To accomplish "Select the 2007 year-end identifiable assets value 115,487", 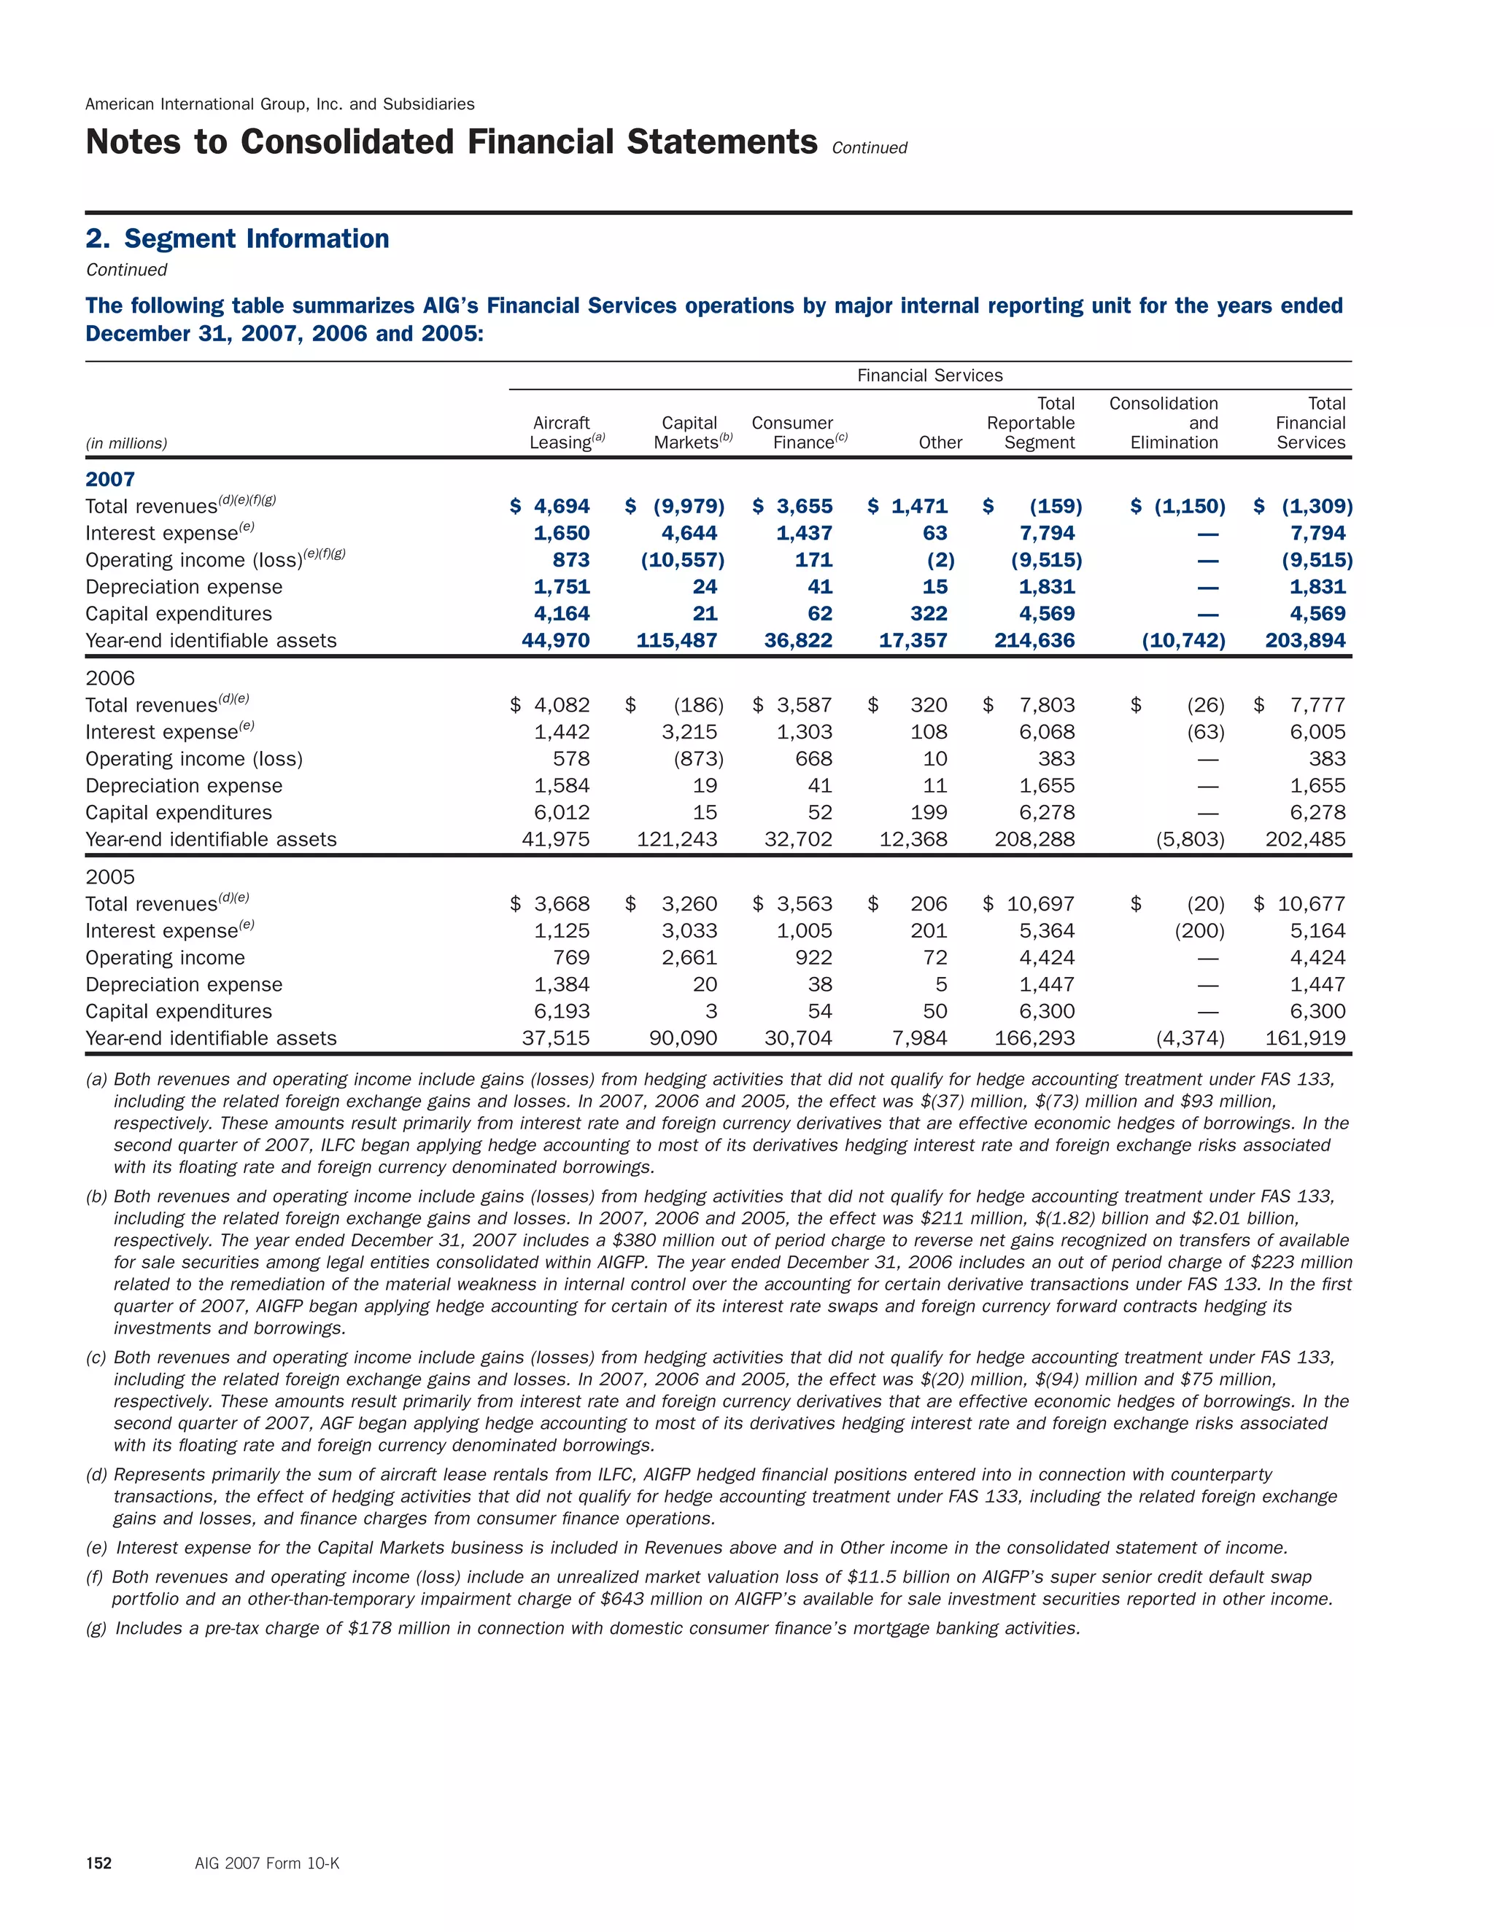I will [x=676, y=640].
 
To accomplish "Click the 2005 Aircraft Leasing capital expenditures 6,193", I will [x=562, y=1011].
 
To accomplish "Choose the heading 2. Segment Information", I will [x=237, y=239].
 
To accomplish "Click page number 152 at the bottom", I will [x=98, y=1864].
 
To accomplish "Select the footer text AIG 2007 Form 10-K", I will [x=267, y=1864].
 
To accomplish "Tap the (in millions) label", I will [x=125, y=444].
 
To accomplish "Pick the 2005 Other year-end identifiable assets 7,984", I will [x=920, y=1038].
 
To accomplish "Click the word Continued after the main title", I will [x=869, y=149].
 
